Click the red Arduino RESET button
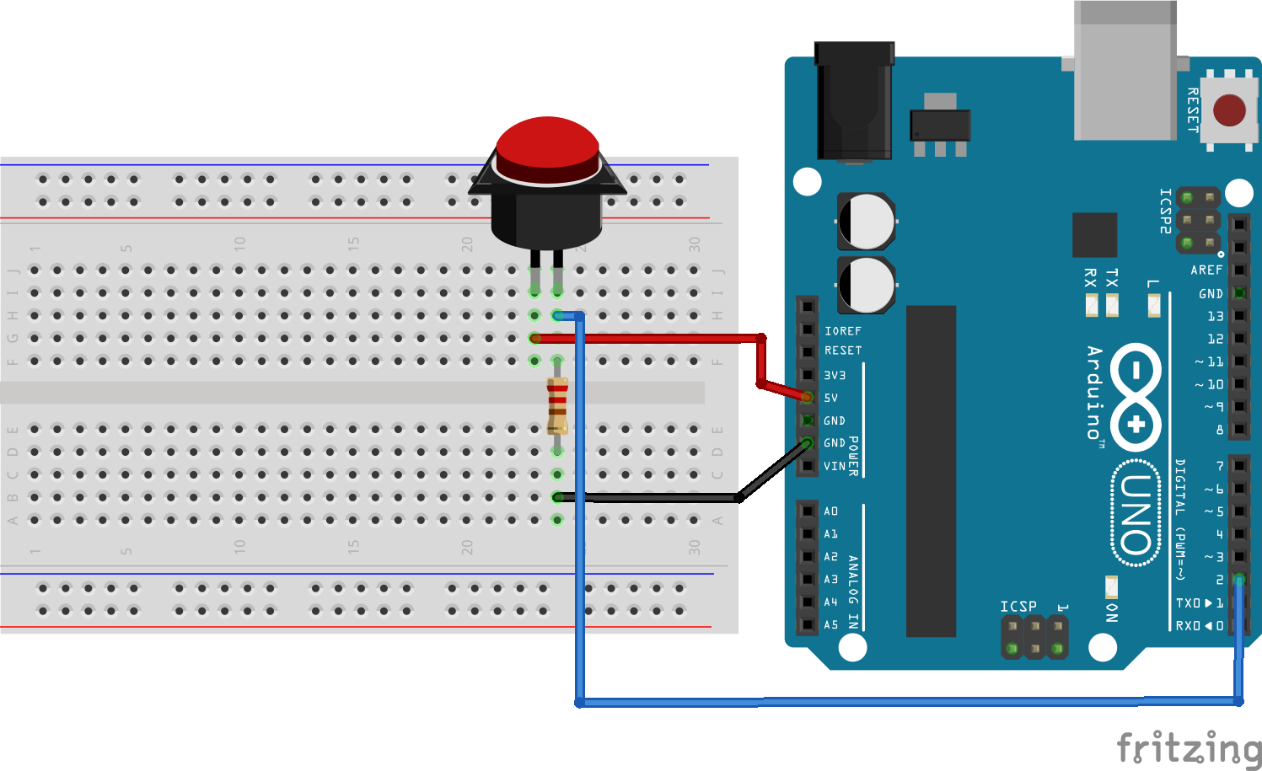[1228, 110]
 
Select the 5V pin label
[831, 398]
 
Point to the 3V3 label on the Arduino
[835, 375]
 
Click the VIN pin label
[834, 466]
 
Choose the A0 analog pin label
[831, 511]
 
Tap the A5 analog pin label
[831, 625]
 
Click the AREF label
[1206, 270]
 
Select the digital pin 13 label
[1215, 316]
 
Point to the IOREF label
[843, 331]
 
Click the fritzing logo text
[1189, 747]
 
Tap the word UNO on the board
[1136, 514]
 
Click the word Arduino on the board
[1094, 392]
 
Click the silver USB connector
[1125, 72]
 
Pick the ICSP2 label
[1165, 211]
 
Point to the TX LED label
[1112, 277]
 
